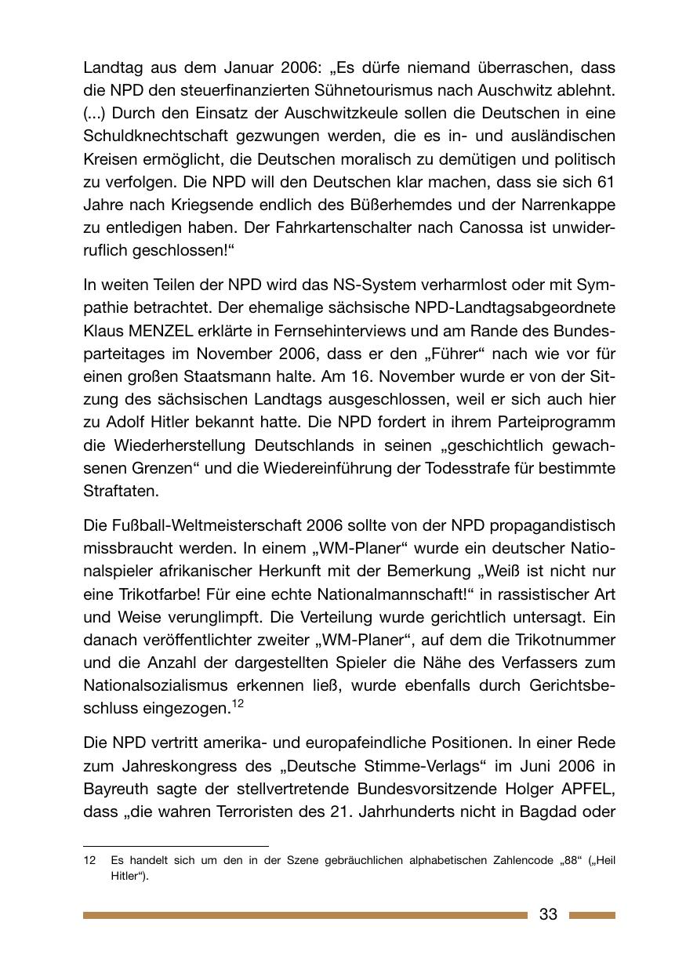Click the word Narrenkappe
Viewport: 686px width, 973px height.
coord(566,205)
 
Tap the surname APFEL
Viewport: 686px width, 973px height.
coord(588,788)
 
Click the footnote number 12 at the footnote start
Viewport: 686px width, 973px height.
coord(89,861)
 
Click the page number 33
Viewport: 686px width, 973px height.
coord(548,914)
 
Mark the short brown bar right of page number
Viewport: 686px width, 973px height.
coord(592,915)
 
